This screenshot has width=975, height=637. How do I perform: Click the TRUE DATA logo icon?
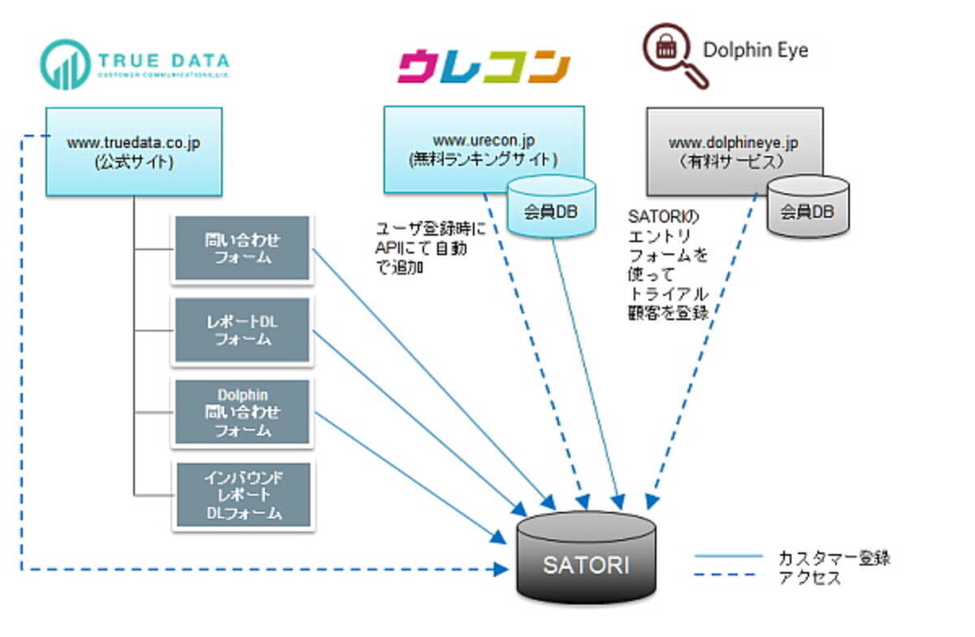(64, 64)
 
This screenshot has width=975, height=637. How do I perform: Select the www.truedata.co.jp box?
(134, 151)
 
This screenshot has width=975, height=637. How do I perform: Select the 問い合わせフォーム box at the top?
(241, 249)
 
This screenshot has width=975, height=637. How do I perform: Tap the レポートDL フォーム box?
(241, 330)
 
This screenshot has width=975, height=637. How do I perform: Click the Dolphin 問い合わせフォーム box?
(241, 412)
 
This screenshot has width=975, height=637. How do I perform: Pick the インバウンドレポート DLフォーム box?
(241, 494)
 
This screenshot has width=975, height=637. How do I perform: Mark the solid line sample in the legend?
(728, 557)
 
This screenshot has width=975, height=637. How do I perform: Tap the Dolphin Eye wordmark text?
(756, 50)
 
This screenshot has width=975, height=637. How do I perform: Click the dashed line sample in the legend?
(728, 578)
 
